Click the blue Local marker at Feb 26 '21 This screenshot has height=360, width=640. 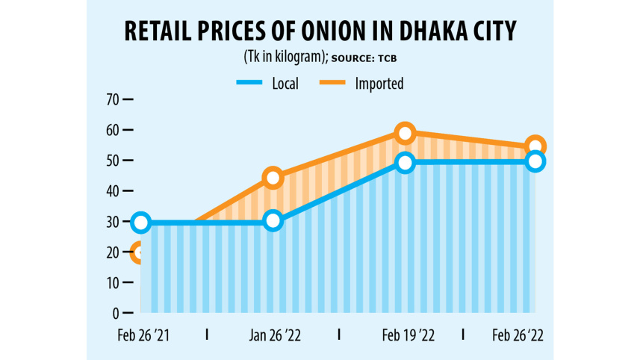click(x=140, y=222)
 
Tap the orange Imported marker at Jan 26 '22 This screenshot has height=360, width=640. click(x=273, y=178)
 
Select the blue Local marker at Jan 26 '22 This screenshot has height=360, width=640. click(x=273, y=220)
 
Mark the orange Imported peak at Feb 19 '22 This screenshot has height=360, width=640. click(x=405, y=133)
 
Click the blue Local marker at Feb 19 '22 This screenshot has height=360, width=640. click(x=405, y=163)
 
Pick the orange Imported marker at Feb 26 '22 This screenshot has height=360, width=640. click(x=535, y=146)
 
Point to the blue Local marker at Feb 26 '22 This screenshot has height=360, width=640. click(x=535, y=161)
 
